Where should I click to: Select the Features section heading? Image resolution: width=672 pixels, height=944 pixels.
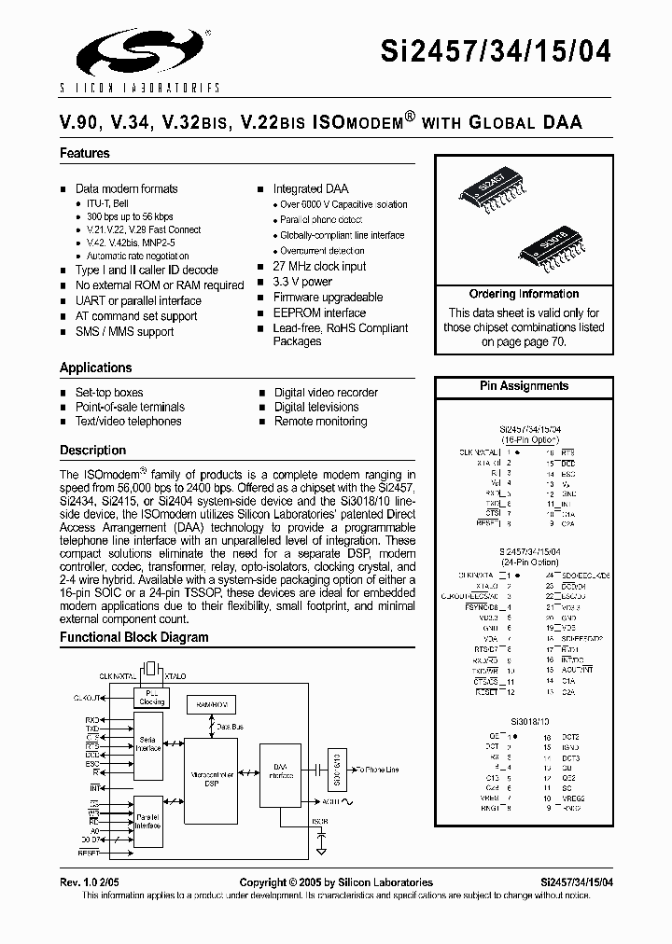tap(85, 153)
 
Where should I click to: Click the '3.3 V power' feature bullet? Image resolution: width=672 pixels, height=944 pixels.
tap(302, 282)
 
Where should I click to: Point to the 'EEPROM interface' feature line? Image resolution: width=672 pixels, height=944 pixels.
tap(319, 312)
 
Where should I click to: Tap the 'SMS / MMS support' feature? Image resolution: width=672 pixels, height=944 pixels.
tap(124, 331)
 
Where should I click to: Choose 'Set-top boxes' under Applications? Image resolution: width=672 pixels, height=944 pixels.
tap(109, 393)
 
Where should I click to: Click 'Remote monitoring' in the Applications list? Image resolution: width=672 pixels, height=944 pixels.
tap(320, 422)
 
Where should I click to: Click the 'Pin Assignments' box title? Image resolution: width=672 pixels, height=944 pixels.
tap(524, 385)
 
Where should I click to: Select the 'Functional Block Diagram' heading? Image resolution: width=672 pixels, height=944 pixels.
tap(134, 638)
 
